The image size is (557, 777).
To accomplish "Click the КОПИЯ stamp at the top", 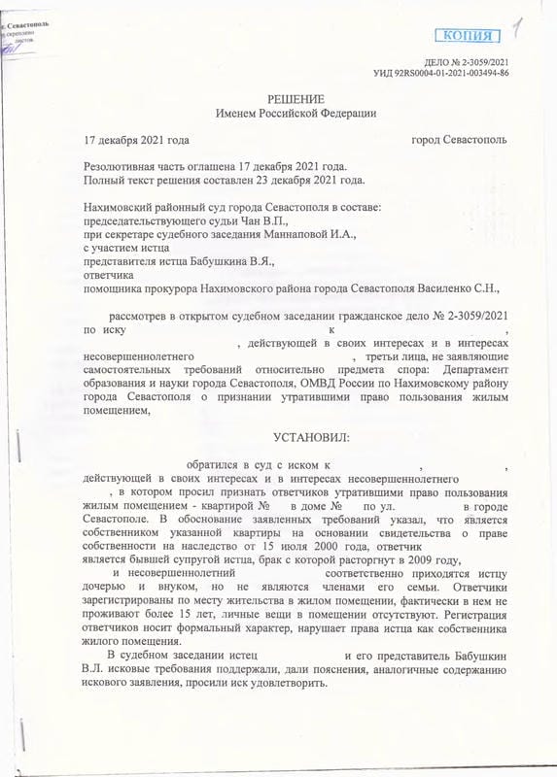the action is point(467,36).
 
